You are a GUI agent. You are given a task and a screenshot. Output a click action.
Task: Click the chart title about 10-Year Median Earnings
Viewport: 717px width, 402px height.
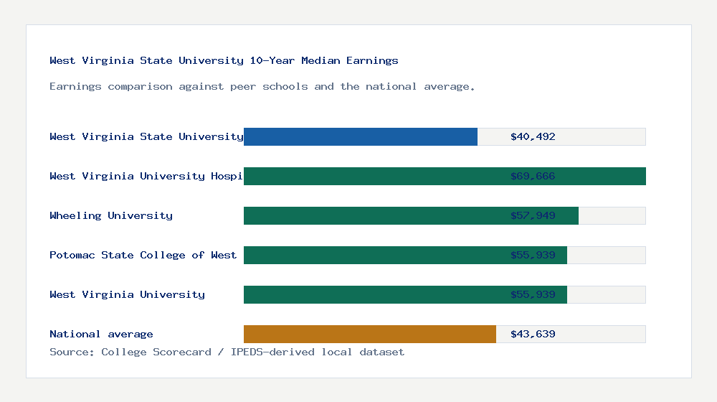pyautogui.click(x=224, y=60)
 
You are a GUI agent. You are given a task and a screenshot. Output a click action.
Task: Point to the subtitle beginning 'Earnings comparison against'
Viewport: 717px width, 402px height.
pyautogui.click(x=262, y=86)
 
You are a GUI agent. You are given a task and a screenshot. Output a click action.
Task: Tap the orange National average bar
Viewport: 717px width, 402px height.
pyautogui.click(x=370, y=334)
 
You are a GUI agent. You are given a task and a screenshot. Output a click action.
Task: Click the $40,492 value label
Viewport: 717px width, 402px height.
pyautogui.click(x=533, y=136)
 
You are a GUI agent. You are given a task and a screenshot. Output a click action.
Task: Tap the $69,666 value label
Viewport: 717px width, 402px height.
pyautogui.click(x=533, y=176)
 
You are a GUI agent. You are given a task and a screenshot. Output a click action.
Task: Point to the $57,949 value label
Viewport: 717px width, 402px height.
pyautogui.click(x=533, y=215)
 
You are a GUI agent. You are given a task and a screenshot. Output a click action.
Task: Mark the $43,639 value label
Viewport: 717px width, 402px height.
pyautogui.click(x=533, y=334)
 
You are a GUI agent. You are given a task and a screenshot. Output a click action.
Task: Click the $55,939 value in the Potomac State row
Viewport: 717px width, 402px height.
pyautogui.click(x=533, y=255)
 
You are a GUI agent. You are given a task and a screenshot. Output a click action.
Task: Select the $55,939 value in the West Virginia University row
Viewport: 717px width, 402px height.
pyautogui.click(x=533, y=294)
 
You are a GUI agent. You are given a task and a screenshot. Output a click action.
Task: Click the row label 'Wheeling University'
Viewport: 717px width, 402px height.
pyautogui.click(x=111, y=215)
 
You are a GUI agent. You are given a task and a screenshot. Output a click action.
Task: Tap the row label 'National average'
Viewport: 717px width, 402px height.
pyautogui.click(x=101, y=334)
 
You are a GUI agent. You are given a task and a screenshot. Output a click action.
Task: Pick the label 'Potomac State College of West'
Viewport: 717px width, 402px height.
pyautogui.click(x=143, y=255)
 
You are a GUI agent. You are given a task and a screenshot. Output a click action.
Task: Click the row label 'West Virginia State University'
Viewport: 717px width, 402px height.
pyautogui.click(x=146, y=136)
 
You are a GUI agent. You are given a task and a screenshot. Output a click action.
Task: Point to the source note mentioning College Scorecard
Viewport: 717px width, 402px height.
pyautogui.click(x=227, y=352)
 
